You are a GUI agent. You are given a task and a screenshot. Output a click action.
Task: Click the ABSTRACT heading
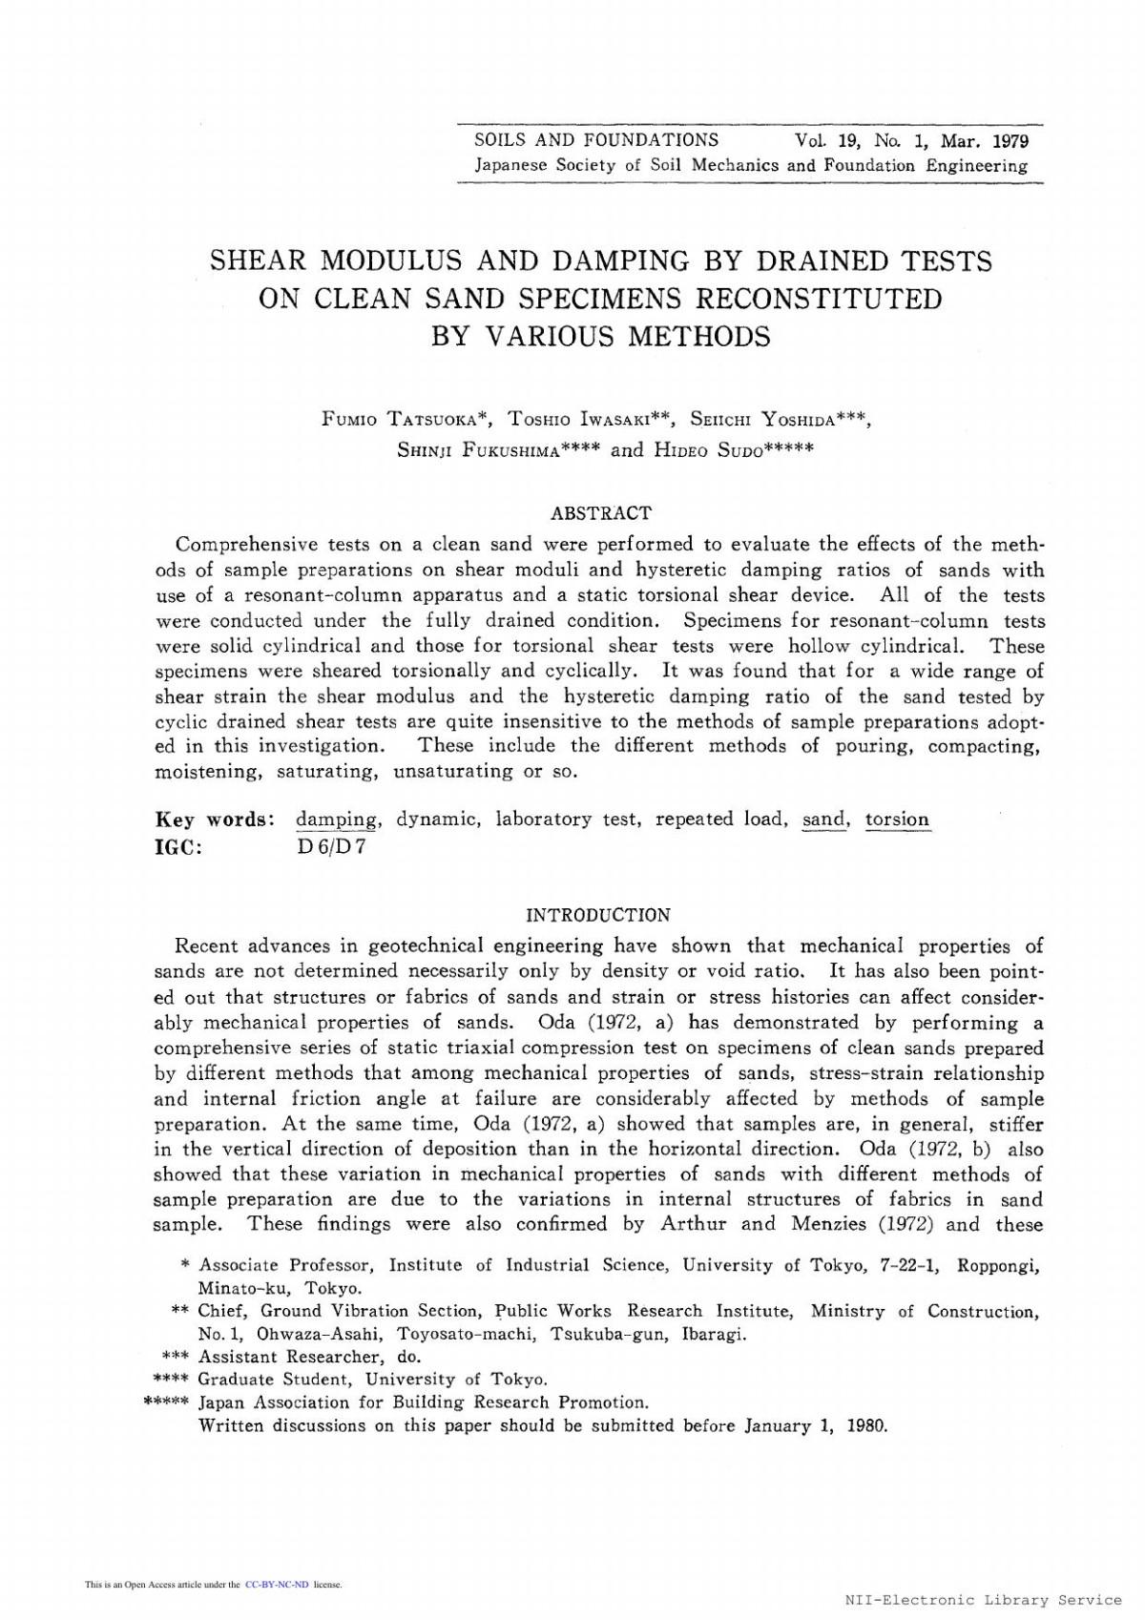click(601, 513)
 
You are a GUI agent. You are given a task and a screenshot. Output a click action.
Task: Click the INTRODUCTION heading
click(598, 915)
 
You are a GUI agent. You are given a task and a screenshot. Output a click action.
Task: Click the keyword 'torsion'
click(897, 820)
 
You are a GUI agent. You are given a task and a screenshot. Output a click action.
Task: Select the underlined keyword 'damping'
click(336, 820)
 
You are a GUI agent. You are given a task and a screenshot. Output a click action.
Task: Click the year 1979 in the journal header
click(1010, 141)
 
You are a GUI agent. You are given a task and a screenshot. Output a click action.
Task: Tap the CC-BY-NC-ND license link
click(277, 1585)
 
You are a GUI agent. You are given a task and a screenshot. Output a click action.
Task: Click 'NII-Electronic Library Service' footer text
click(983, 1600)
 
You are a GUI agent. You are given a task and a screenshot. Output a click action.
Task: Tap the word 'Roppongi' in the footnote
click(998, 1266)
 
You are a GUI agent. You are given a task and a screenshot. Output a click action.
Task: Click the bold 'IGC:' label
click(178, 846)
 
